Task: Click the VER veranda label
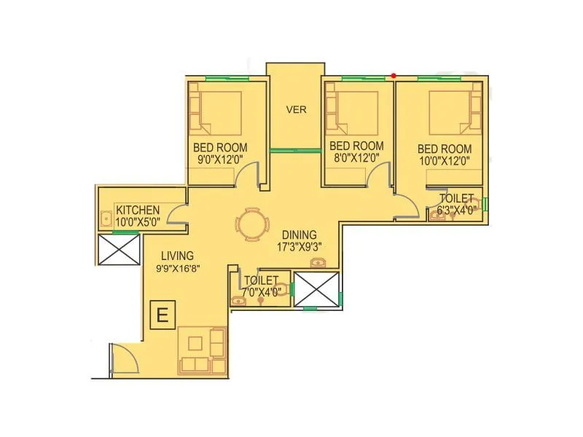click(x=296, y=110)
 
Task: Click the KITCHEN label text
click(x=137, y=210)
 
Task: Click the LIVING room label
click(x=178, y=256)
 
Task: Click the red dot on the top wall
click(x=394, y=75)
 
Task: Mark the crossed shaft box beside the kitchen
click(x=118, y=249)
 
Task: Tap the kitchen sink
click(x=106, y=218)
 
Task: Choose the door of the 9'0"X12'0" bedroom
click(x=249, y=176)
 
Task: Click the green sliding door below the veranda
click(x=295, y=151)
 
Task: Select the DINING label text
click(x=300, y=235)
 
